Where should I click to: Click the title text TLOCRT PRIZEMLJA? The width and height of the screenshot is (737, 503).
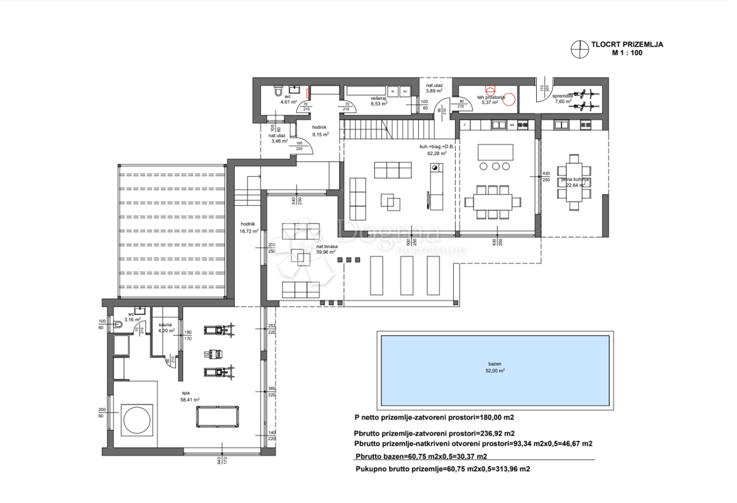pos(626,44)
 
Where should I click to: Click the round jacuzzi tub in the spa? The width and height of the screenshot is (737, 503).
pos(136,420)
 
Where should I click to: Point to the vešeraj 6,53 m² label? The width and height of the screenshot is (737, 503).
pos(378,101)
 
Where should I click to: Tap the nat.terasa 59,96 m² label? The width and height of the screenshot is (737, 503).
pos(326,249)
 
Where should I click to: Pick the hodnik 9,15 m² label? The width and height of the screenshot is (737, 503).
pos(320,131)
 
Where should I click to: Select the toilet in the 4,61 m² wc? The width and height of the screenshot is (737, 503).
pos(278,92)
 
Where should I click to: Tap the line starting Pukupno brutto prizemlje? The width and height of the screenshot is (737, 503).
pos(442,469)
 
